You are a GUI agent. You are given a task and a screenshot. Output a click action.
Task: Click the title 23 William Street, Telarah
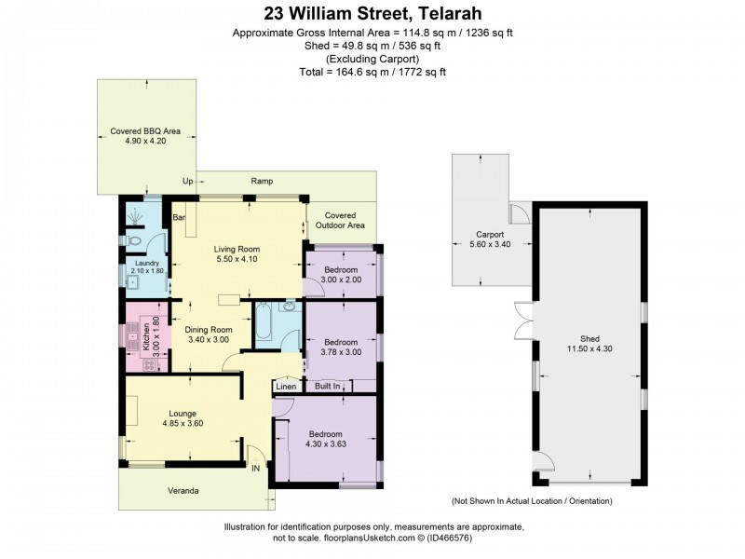(372, 13)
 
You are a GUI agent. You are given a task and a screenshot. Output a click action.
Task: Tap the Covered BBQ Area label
(145, 130)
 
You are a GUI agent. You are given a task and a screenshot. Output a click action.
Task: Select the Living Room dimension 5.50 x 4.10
(237, 261)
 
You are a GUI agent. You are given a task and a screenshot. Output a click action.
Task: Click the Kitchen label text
(145, 334)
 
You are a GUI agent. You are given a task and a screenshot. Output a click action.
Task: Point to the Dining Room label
(208, 329)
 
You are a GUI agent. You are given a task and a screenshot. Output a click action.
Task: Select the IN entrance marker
(255, 469)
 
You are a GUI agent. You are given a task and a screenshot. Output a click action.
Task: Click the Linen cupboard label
(285, 386)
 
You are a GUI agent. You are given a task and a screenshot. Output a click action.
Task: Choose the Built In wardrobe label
(327, 386)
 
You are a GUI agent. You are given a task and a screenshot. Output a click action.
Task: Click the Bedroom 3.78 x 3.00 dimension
(341, 352)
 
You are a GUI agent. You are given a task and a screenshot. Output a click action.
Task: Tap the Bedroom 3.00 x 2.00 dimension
(341, 279)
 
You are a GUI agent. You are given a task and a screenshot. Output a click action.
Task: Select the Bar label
(180, 218)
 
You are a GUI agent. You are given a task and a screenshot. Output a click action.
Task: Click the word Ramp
(262, 181)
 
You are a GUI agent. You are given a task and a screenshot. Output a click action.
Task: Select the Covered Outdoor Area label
(341, 221)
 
